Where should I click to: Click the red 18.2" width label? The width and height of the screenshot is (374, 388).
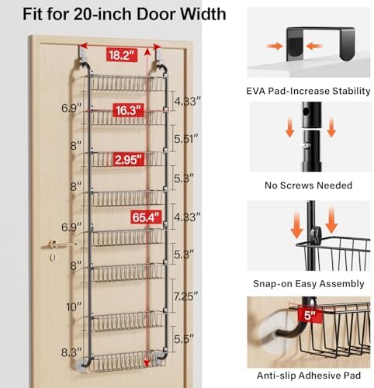coord(122,55)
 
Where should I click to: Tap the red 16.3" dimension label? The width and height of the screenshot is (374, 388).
coord(128,110)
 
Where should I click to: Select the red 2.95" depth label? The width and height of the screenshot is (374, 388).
coord(128,159)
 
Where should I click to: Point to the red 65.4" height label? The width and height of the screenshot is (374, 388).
coord(147,217)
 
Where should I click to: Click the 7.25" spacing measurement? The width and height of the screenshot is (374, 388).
coord(185,296)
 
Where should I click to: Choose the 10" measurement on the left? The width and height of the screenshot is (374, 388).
coord(74,307)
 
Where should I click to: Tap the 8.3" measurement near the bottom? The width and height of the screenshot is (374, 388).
coord(71,352)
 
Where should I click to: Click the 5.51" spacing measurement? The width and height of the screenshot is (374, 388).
coord(186,139)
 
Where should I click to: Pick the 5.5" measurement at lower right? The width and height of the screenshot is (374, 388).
coord(184,339)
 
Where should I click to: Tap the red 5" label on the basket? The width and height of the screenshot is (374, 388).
coord(310,315)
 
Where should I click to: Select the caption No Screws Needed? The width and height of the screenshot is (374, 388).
coord(308,185)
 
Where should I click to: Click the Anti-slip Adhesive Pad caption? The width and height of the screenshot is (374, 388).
coord(309,376)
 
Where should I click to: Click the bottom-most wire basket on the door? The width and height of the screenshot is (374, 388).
coord(126,361)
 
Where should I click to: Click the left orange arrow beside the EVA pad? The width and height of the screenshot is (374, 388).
coord(275,46)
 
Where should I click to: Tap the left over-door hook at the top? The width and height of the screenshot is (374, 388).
coord(83,56)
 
